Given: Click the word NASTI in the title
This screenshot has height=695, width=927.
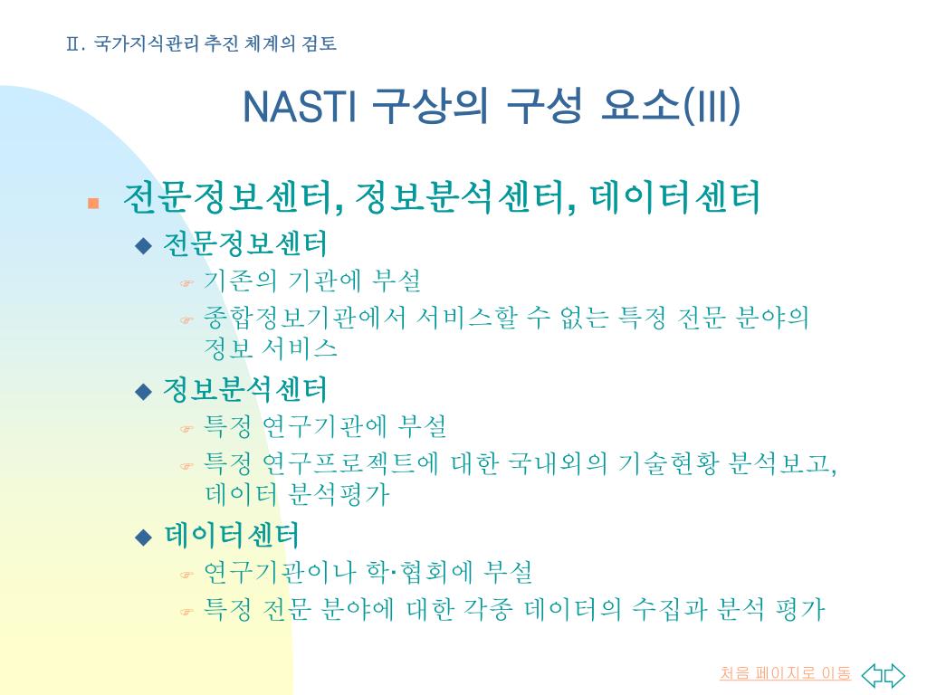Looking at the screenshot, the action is (x=299, y=107).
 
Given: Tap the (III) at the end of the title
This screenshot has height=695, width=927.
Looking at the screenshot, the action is (x=712, y=107).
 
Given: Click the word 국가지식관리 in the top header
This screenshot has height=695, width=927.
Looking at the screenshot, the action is (x=146, y=43).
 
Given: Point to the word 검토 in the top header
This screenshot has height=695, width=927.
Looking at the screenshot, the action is (x=320, y=43).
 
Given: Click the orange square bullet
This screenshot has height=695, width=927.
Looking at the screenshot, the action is (x=93, y=204).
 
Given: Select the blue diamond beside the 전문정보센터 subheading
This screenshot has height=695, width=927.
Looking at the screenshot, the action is (x=143, y=245).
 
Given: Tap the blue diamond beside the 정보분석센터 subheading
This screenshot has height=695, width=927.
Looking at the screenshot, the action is (x=143, y=391).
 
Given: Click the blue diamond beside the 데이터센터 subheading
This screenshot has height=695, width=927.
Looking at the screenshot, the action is (x=143, y=538).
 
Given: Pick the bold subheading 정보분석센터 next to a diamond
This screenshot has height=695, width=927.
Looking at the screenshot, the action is (x=244, y=389).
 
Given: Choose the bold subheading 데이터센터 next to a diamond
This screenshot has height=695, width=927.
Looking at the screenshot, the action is (x=232, y=536).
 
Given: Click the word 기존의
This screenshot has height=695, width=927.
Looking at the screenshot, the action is (x=240, y=281).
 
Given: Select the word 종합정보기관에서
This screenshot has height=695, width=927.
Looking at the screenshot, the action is (x=304, y=318).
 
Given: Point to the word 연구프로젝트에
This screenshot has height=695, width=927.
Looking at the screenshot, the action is (x=349, y=463).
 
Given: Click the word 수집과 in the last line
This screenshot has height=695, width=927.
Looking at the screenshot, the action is (x=669, y=609).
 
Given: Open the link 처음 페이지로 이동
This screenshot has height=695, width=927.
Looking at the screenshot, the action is (x=785, y=673).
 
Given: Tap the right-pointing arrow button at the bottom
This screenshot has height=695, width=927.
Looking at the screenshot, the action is (x=894, y=675).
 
